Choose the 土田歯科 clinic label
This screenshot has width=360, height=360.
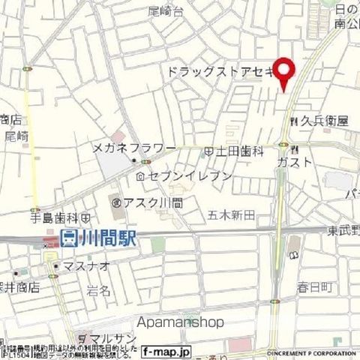pyautogui.click(x=241, y=151)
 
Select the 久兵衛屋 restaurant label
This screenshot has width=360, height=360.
pyautogui.click(x=323, y=120)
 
